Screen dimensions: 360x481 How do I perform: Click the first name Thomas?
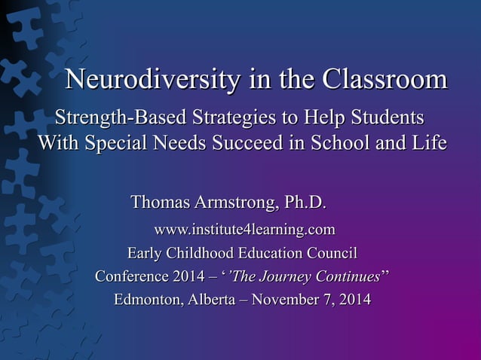click(x=161, y=203)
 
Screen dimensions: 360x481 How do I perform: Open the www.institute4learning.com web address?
click(x=244, y=227)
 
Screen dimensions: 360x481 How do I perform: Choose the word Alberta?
click(x=212, y=300)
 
